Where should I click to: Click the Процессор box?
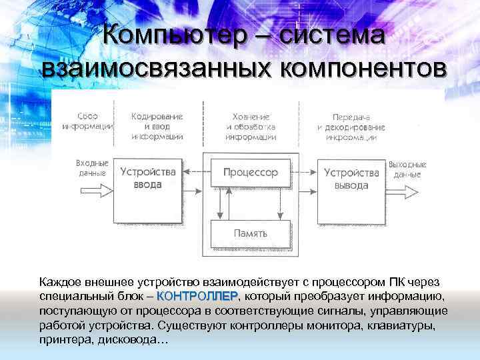tap(250, 173)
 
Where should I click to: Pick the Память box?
tap(250, 234)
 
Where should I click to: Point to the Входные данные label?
tap(91, 169)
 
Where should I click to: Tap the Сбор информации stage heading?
tap(87, 121)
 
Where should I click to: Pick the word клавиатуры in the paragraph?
tap(401, 325)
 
